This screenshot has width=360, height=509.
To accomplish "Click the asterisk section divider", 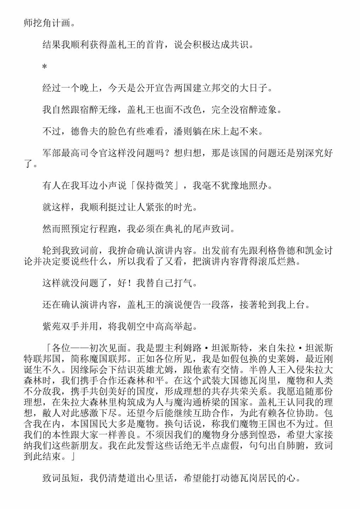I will point(45,67).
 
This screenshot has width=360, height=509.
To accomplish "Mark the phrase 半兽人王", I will point(260,370).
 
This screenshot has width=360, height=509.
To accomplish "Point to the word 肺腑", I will point(295,446).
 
